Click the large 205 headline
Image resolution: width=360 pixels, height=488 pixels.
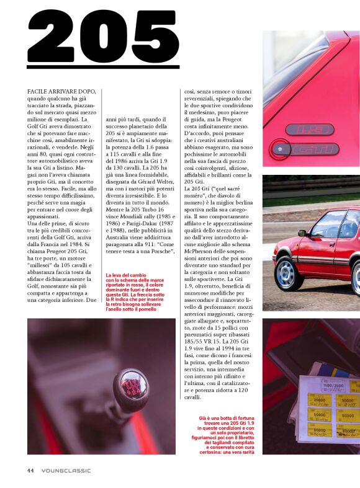(x=103, y=38)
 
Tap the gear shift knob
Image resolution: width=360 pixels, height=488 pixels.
(x=131, y=390)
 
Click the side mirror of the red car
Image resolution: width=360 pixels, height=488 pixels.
(x=302, y=233)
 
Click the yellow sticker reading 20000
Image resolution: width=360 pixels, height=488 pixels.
(x=320, y=401)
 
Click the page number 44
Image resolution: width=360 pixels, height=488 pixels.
(x=30, y=470)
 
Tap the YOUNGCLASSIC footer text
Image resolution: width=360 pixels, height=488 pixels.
(x=66, y=471)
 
